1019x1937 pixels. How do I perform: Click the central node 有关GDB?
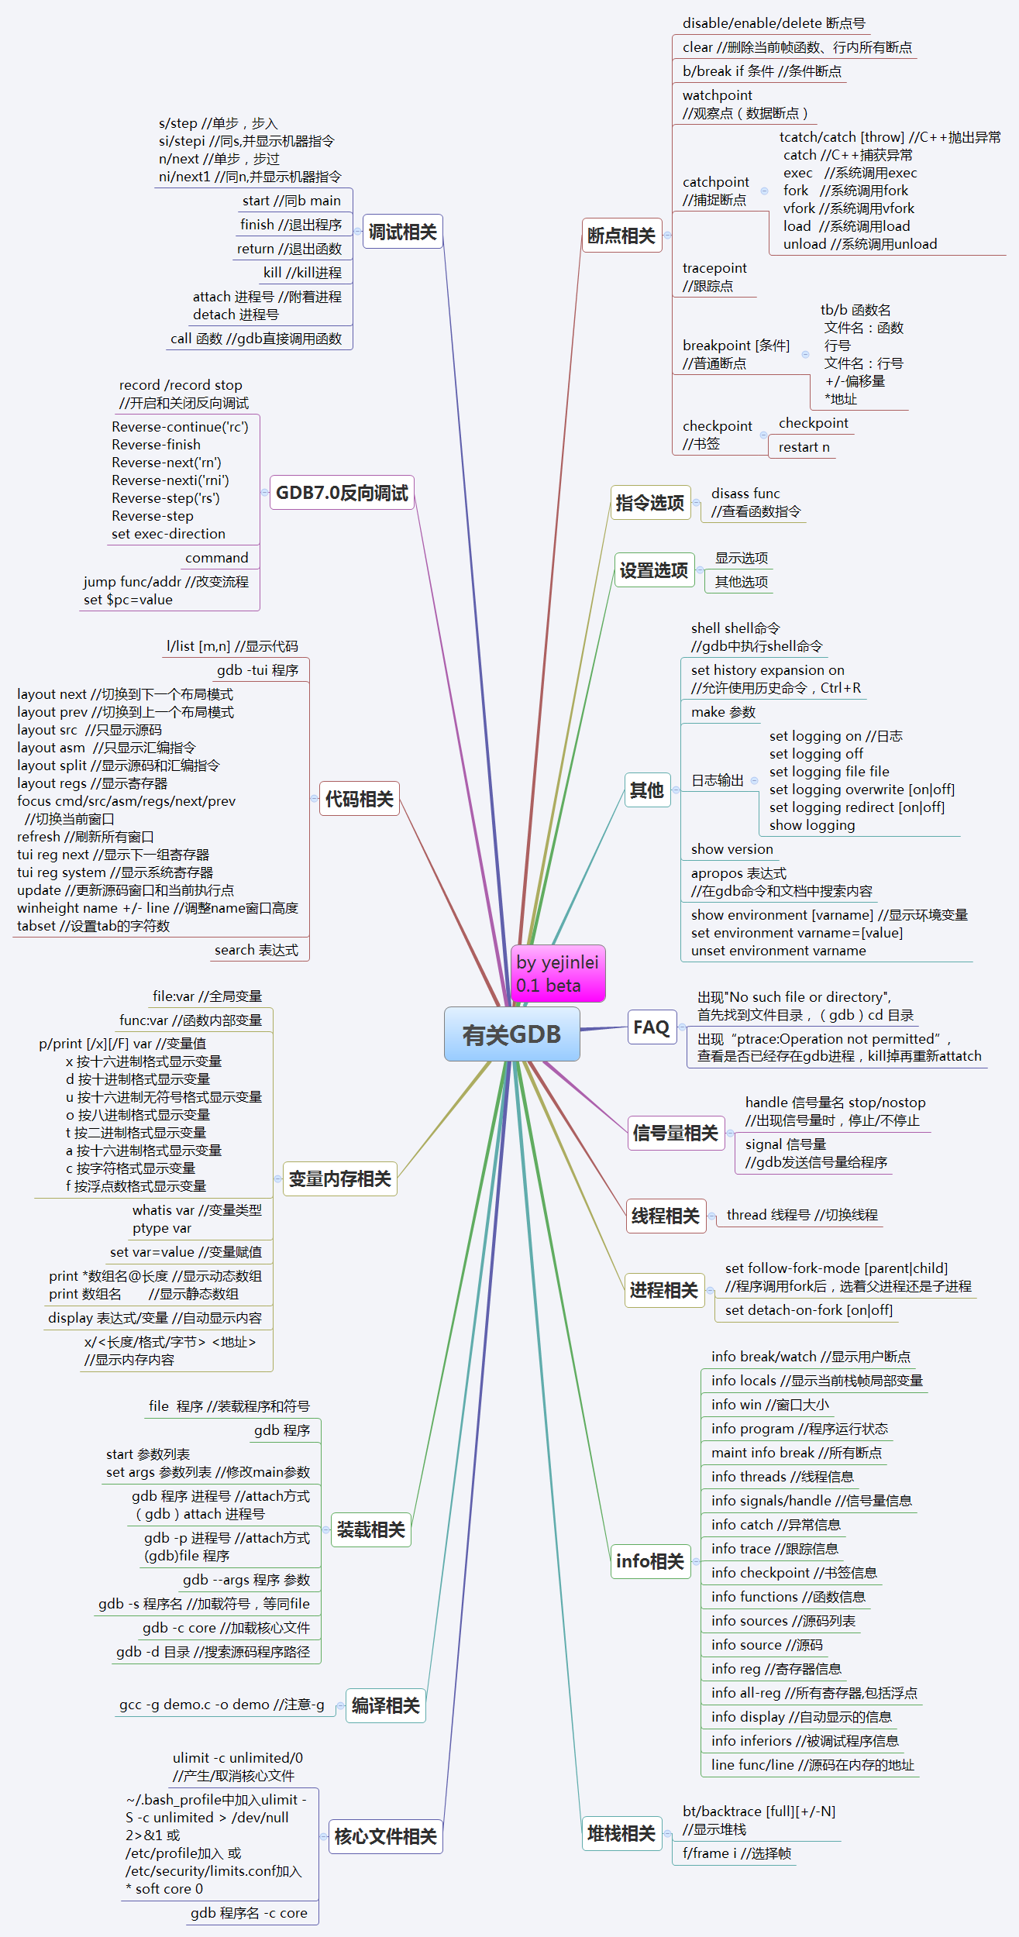511,1034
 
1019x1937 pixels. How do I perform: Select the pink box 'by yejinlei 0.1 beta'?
558,974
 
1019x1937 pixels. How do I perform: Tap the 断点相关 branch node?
621,236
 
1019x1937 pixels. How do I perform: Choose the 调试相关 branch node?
402,232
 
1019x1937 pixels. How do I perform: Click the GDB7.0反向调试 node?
342,493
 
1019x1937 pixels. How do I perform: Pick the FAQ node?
651,1027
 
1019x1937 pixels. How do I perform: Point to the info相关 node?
650,1561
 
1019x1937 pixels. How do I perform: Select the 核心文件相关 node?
385,1836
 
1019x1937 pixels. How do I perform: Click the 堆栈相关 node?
621,1833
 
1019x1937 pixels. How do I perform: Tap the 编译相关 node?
385,1705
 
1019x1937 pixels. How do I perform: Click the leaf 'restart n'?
804,447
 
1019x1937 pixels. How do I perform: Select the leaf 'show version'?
732,849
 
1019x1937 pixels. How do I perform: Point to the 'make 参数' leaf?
723,712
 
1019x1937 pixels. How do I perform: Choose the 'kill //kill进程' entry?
302,273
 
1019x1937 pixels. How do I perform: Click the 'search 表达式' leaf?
256,950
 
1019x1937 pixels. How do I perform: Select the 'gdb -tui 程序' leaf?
257,670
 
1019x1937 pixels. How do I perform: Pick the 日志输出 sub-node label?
717,780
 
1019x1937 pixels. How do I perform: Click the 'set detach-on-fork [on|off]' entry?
808,1310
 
